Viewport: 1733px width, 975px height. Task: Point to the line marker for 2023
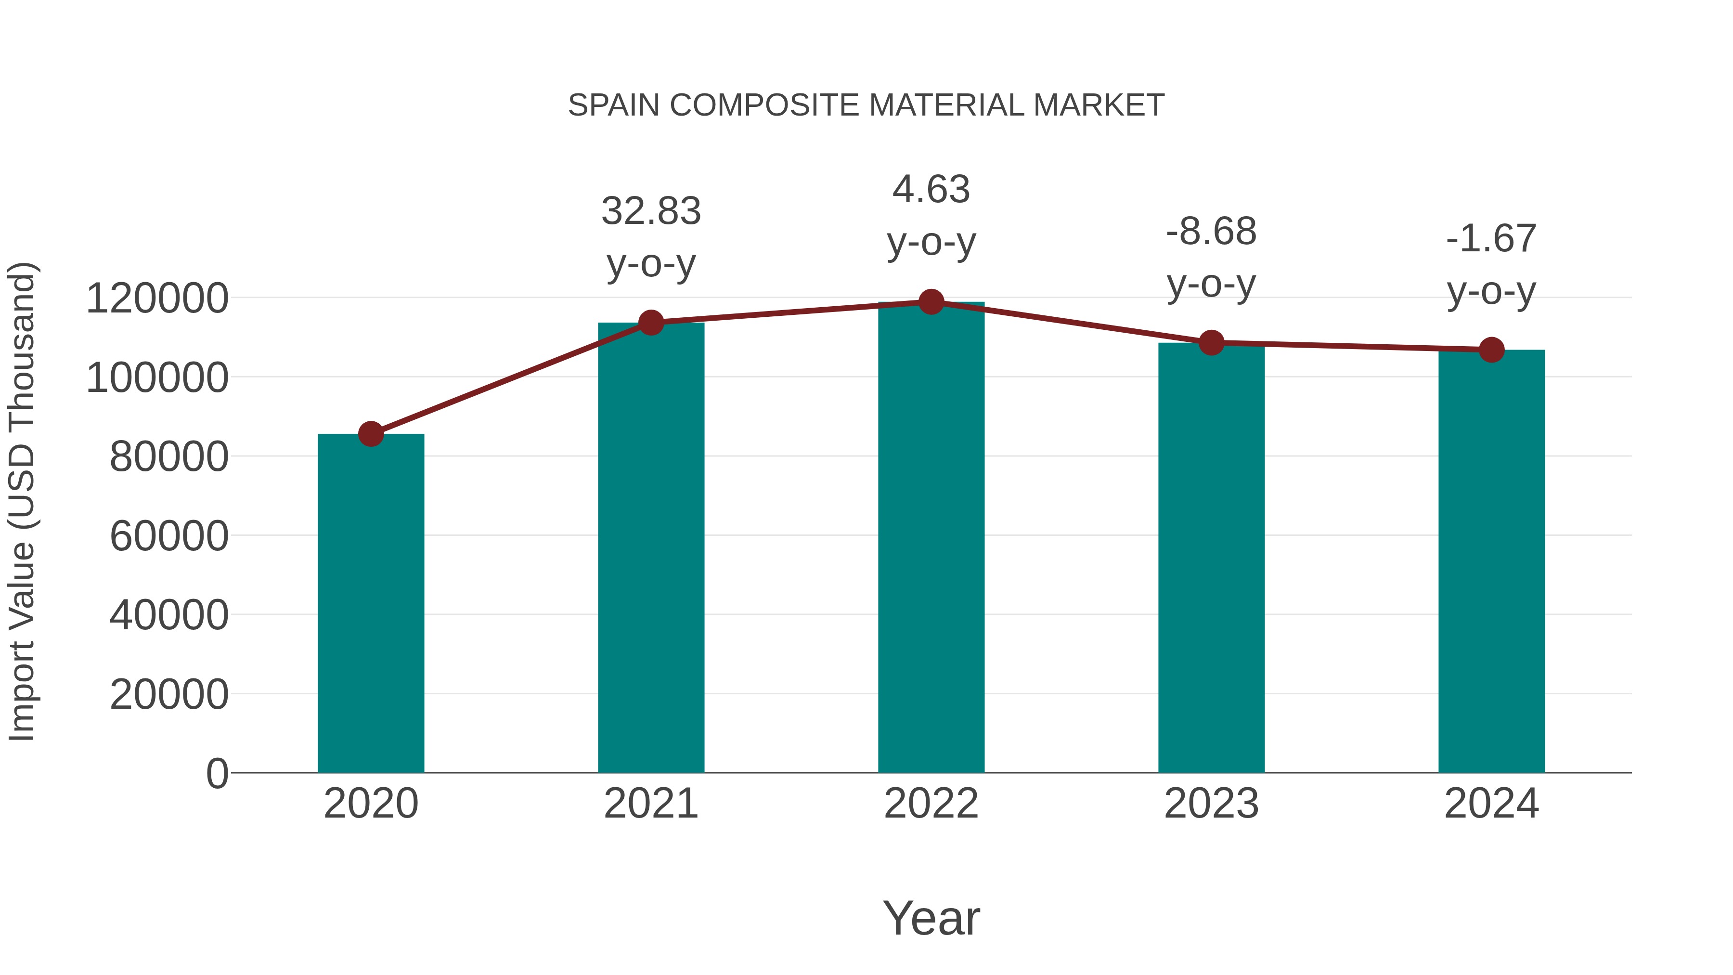(x=1211, y=343)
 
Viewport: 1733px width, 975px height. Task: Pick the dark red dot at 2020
(x=371, y=434)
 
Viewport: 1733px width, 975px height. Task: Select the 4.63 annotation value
(x=931, y=189)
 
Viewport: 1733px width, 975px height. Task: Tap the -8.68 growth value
(x=1211, y=232)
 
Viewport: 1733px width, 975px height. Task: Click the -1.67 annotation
(x=1491, y=238)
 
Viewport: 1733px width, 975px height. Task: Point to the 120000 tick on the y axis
(x=157, y=298)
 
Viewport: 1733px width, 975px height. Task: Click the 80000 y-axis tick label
(x=169, y=457)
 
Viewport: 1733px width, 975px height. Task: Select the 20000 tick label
(x=169, y=694)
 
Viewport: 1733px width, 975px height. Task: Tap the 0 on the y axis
(x=217, y=773)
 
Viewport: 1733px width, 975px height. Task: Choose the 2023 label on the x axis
(x=1211, y=804)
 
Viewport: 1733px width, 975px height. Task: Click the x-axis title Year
(x=931, y=918)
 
